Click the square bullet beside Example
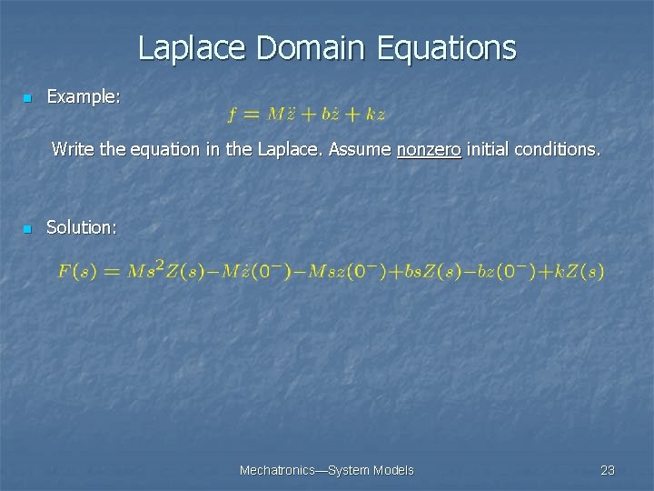[x=28, y=97]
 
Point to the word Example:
[x=83, y=96]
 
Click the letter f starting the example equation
[x=233, y=115]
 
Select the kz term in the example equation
[x=375, y=115]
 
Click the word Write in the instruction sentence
[x=73, y=147]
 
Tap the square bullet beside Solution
[x=28, y=228]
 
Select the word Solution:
[x=82, y=227]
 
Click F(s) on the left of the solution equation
[x=78, y=271]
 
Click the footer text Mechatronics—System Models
[x=326, y=470]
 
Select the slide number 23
[x=608, y=470]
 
